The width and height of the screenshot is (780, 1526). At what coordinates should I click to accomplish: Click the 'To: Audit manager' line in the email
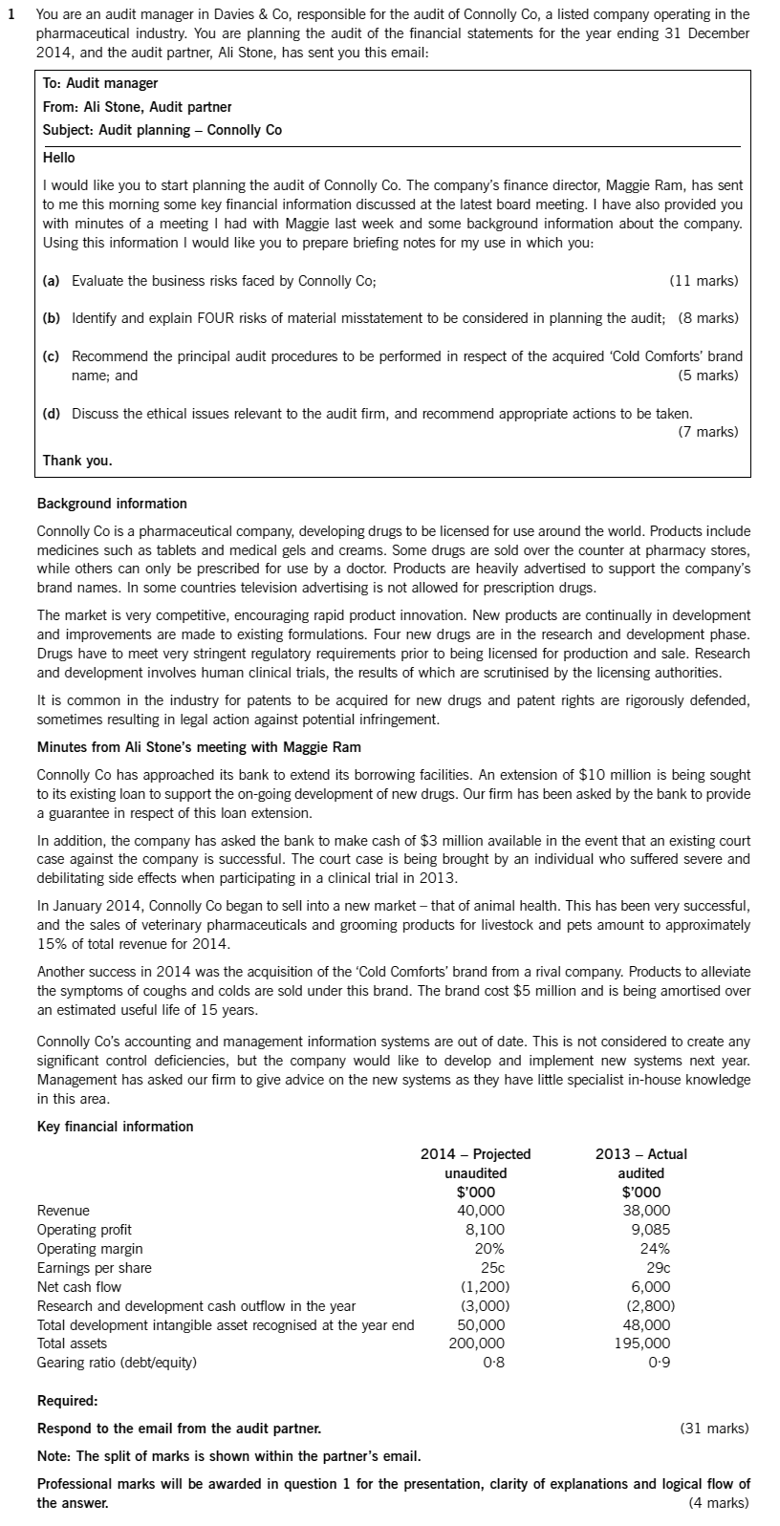pyautogui.click(x=100, y=84)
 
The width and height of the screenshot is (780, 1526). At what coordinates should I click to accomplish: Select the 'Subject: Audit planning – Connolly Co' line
pyautogui.click(x=162, y=130)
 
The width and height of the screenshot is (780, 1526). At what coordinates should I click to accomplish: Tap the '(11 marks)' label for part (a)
pyautogui.click(x=704, y=281)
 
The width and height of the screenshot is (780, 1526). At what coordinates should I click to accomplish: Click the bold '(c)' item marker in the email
pyautogui.click(x=52, y=356)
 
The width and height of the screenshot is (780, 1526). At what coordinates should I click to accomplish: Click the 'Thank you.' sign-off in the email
pyautogui.click(x=77, y=461)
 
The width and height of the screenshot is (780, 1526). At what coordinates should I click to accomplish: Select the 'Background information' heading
pyautogui.click(x=112, y=504)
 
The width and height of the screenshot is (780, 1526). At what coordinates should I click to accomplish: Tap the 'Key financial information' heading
pyautogui.click(x=115, y=1127)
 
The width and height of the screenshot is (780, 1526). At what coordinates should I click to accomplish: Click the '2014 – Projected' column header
pyautogui.click(x=476, y=1154)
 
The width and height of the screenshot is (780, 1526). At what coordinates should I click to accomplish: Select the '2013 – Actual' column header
pyautogui.click(x=640, y=1154)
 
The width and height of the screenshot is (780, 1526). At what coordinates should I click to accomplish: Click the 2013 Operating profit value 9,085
pyautogui.click(x=650, y=1230)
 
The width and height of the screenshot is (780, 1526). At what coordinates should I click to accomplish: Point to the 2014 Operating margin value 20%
pyautogui.click(x=489, y=1249)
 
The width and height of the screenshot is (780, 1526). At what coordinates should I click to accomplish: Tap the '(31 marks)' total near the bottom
pyautogui.click(x=713, y=1429)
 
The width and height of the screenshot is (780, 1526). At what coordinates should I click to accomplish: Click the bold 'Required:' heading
pyautogui.click(x=67, y=1401)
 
